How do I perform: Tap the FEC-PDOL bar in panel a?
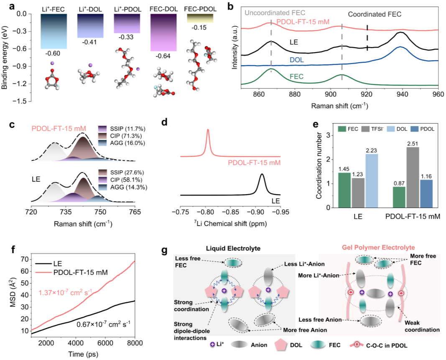[x=200, y=18]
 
